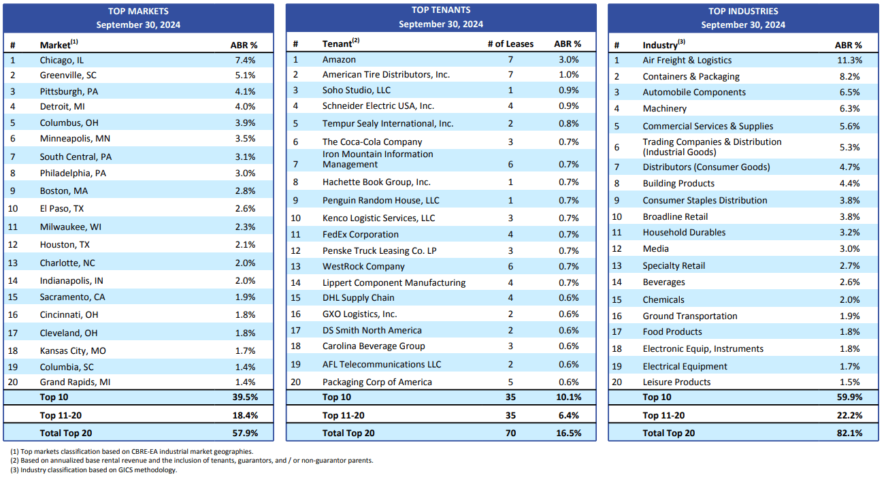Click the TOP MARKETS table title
[x=138, y=11]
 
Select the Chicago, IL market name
[x=62, y=60]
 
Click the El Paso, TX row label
[x=62, y=208]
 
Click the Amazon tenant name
[x=339, y=59]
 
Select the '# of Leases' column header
[x=510, y=44]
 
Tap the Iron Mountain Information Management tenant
[x=377, y=159]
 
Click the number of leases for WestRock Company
[x=510, y=266]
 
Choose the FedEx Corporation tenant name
[x=361, y=234]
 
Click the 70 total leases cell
[x=510, y=433]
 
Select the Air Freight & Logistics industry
[x=687, y=60]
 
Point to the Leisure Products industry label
[x=676, y=382]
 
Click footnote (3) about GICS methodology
[x=94, y=470]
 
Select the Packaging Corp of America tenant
[x=377, y=382]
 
